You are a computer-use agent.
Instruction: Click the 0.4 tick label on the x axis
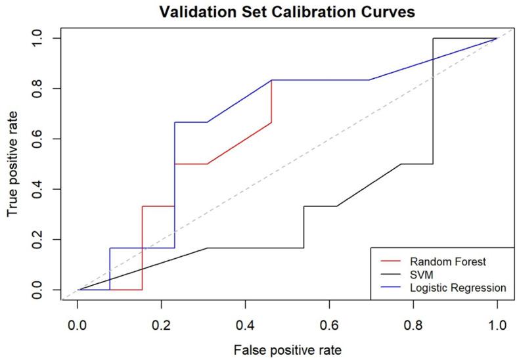click(245, 323)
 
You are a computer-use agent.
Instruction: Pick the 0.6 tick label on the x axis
click(329, 323)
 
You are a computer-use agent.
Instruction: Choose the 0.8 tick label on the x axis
click(413, 323)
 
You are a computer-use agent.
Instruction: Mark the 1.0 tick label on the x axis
click(497, 323)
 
